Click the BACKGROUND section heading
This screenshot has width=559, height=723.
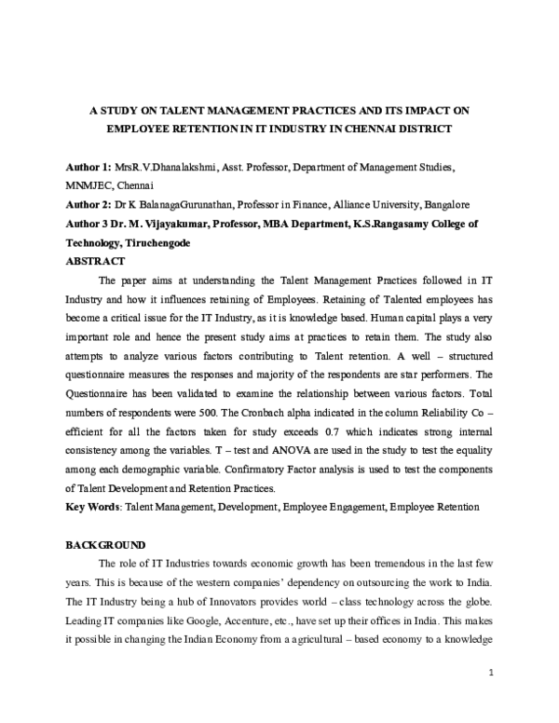coord(105,543)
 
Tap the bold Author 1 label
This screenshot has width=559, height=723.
coord(88,166)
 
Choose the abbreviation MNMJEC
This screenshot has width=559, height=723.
coord(87,184)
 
